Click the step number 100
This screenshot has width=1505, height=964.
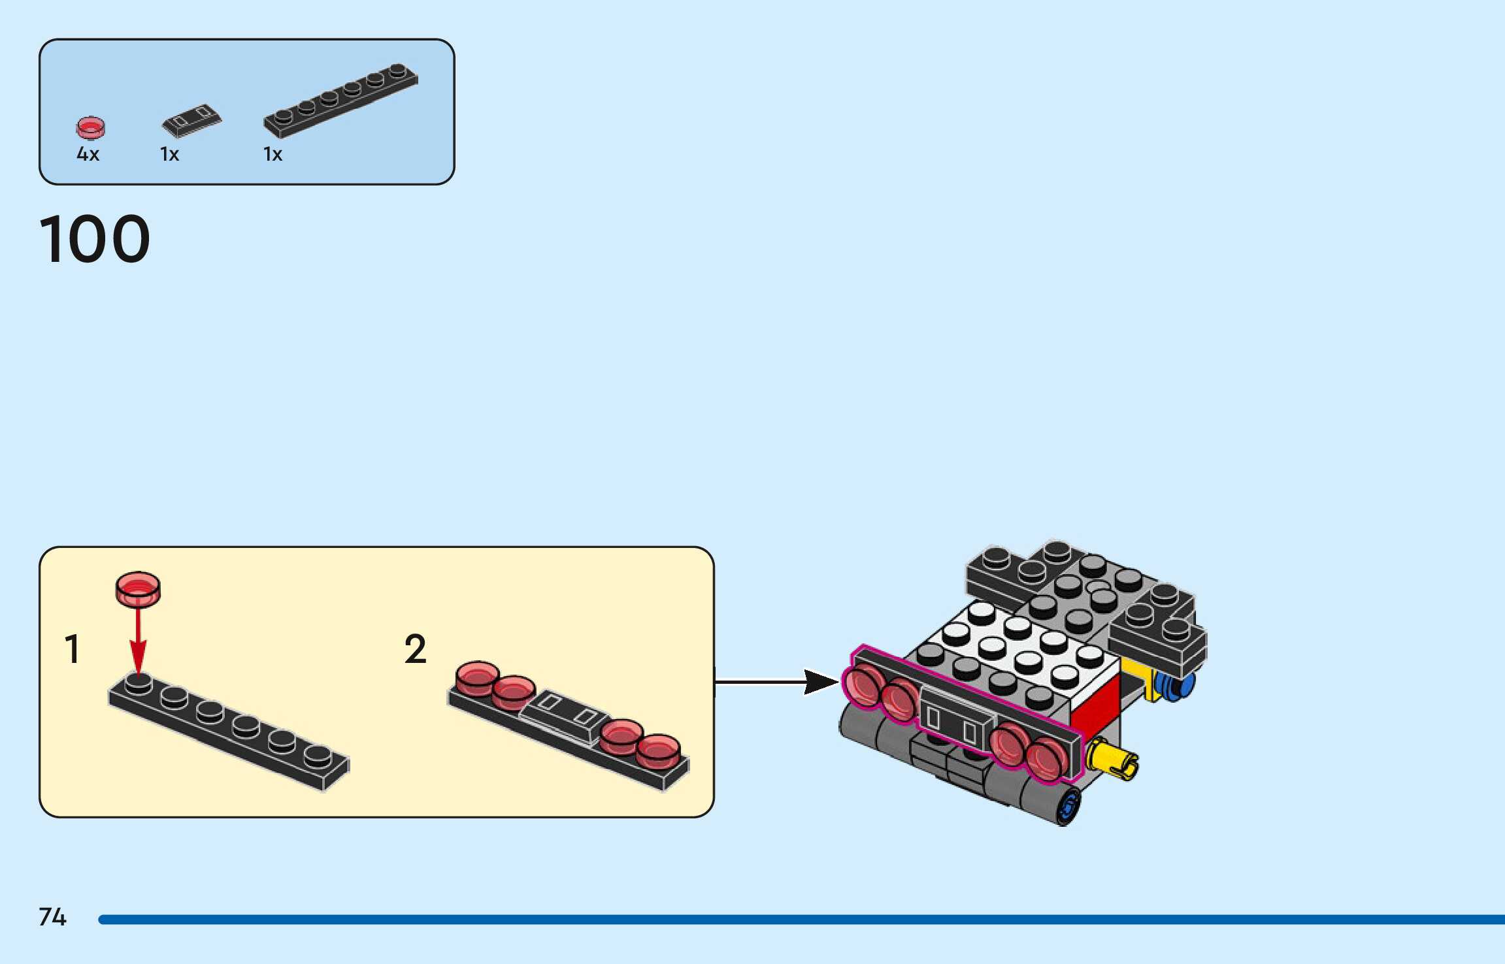pyautogui.click(x=95, y=239)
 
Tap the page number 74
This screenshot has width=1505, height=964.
pyautogui.click(x=52, y=917)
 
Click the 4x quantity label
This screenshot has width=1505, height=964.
pyautogui.click(x=88, y=154)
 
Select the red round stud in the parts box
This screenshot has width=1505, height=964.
pyautogui.click(x=90, y=127)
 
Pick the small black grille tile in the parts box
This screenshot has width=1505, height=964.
pyautogui.click(x=191, y=121)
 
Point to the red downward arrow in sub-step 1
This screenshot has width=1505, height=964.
pyautogui.click(x=138, y=643)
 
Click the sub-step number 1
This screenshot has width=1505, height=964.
pyautogui.click(x=73, y=649)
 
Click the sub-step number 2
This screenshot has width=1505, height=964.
pyautogui.click(x=416, y=649)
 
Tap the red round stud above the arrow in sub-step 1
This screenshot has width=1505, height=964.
pyautogui.click(x=138, y=588)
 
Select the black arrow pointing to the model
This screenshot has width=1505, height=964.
pyautogui.click(x=778, y=682)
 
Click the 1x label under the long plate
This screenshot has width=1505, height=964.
pyautogui.click(x=273, y=154)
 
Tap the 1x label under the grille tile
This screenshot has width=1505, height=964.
pyautogui.click(x=170, y=154)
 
